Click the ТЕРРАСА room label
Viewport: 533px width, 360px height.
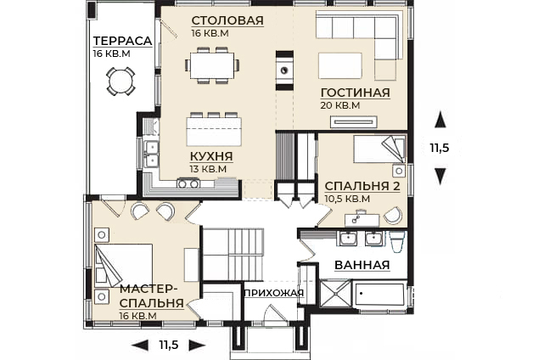122,41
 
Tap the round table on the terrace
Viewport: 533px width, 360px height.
120,81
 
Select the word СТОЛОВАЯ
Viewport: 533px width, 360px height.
227,20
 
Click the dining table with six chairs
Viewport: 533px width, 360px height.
212,64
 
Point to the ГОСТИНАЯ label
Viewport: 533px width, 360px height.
355,93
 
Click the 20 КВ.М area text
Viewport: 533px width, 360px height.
339,105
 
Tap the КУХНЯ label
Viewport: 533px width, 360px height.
211,156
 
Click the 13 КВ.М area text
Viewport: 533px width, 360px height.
209,169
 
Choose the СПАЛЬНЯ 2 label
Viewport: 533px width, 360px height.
362,186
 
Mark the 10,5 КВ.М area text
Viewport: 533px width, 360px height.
347,199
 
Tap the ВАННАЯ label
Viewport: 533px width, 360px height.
362,265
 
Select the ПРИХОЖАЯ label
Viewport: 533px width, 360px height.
273,293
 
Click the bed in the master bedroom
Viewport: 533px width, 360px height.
123,265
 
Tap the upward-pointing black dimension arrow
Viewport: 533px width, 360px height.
438,118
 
